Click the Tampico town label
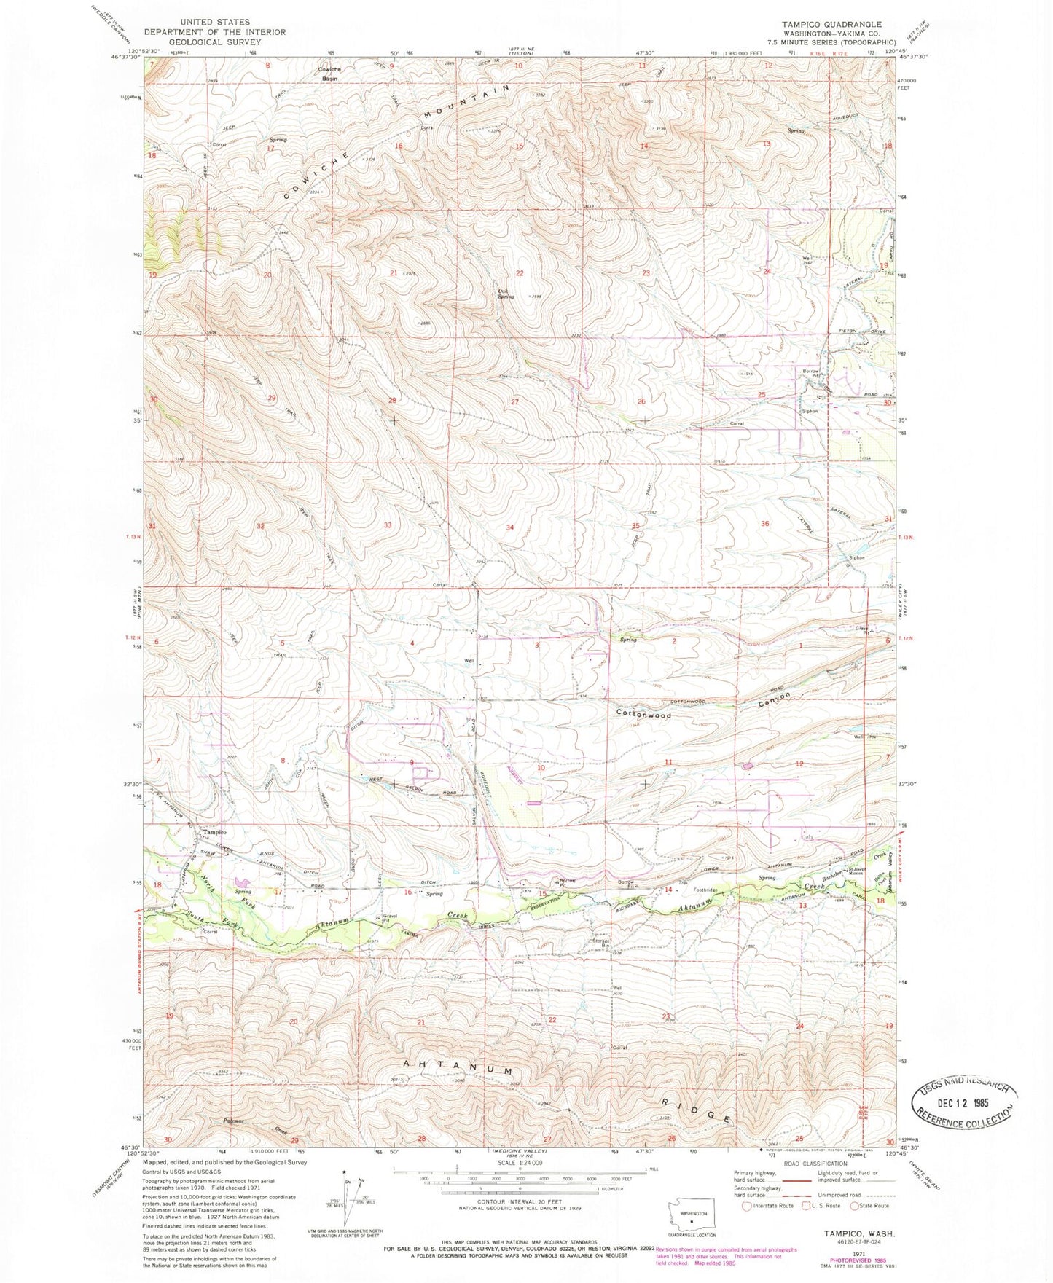214,832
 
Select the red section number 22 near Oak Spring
520,273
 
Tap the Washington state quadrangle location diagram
692,1215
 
